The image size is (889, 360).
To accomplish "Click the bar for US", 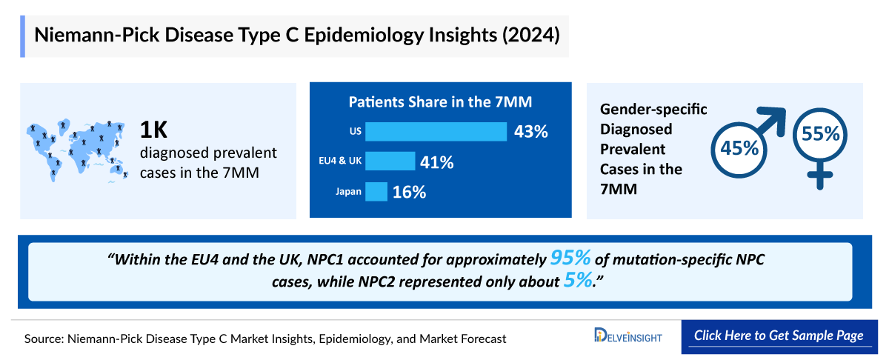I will tap(436, 132).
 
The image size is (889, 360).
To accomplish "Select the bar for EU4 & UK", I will tap(390, 161).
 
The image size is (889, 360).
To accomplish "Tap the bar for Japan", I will tap(376, 191).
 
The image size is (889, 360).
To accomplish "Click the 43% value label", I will tap(530, 132).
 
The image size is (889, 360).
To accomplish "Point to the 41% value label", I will tap(437, 161).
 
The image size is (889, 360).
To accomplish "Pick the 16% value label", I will tap(410, 192).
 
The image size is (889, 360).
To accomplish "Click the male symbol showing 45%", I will tap(740, 147).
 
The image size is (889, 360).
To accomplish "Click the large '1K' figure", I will tap(156, 130).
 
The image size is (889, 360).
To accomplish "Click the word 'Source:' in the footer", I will tap(44, 339).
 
